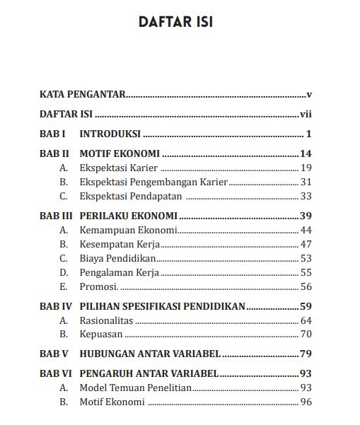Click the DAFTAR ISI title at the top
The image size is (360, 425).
[177, 22]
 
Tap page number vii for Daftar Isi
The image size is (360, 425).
[306, 114]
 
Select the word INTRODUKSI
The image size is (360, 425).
[110, 134]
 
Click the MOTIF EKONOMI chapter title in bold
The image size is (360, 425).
[120, 153]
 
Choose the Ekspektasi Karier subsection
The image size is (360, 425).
[118, 168]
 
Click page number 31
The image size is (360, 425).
[306, 182]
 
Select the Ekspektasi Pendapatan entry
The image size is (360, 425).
[132, 196]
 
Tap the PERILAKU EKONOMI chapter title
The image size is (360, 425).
[128, 216]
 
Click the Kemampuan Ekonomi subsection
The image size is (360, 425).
[128, 230]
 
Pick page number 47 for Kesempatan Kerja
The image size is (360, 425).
[306, 244]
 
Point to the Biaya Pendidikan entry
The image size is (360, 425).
[117, 258]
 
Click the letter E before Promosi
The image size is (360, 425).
[63, 286]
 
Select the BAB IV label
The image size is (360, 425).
[55, 306]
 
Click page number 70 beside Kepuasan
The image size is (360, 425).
[306, 334]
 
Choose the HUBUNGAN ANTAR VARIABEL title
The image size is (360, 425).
[150, 354]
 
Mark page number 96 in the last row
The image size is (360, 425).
[306, 402]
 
